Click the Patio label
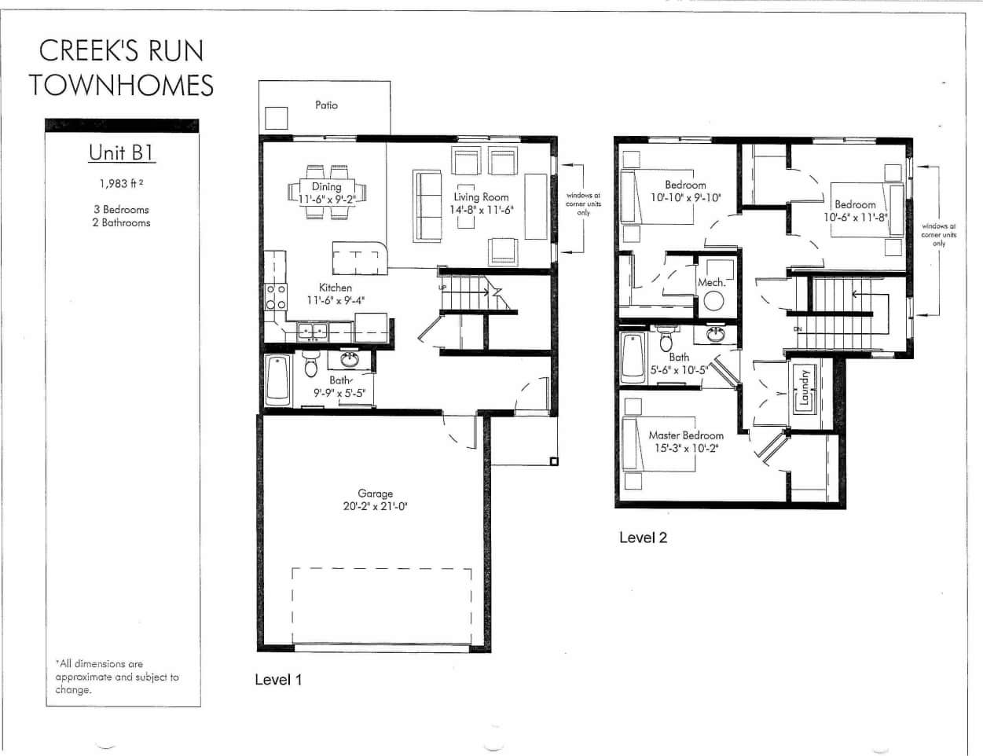point(326,105)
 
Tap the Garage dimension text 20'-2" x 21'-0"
point(375,506)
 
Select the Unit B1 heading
point(121,152)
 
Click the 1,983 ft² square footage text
point(121,183)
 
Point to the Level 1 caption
point(278,680)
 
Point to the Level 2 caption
point(643,538)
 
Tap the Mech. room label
point(711,282)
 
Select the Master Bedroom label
point(686,435)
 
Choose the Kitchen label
point(336,288)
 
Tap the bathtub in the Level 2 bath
point(633,358)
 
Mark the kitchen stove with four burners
point(276,297)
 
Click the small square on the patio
point(276,118)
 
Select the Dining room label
point(326,186)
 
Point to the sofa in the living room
point(427,205)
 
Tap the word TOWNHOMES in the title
point(122,85)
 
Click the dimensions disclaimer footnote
point(117,677)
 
